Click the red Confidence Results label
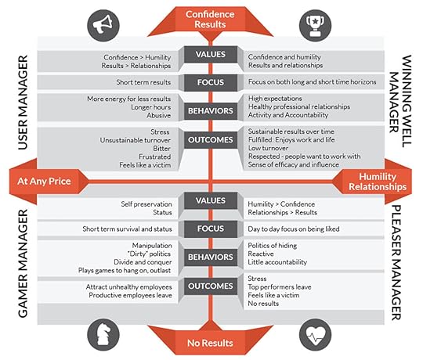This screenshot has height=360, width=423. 210,18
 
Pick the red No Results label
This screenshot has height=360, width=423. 210,341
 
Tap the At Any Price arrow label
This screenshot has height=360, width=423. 45,182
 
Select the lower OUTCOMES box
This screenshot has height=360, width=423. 210,286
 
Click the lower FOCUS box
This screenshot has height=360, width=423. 210,229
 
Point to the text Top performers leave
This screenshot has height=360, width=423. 280,286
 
